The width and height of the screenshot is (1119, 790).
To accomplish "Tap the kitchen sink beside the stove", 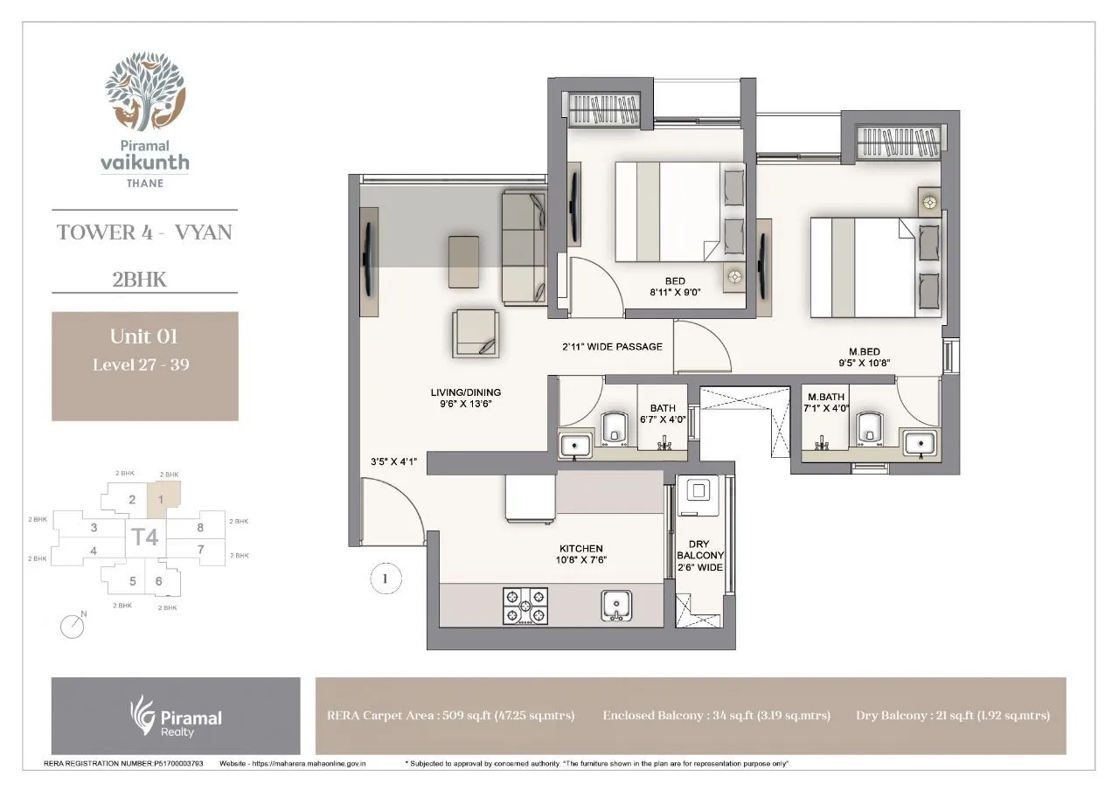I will pos(616,604).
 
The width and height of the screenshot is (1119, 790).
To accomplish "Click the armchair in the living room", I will pos(476,333).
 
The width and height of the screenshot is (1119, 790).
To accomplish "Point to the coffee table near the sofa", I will pos(462,260).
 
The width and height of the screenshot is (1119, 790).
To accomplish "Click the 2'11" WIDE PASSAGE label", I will pos(612,347).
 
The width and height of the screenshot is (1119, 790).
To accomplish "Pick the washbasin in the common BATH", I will pos(574,445).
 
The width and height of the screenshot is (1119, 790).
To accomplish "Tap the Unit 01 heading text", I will pos(144,336).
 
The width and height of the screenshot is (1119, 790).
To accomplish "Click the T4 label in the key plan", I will pos(145,536).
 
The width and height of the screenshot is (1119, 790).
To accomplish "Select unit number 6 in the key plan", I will pos(158,581).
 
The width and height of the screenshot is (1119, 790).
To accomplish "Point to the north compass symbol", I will pos(73,625).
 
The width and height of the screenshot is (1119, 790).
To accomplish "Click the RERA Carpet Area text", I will pos(450,715).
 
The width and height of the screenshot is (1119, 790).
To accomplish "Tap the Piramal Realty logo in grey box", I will pos(175,716).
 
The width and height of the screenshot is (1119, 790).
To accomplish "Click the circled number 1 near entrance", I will pos(385,578).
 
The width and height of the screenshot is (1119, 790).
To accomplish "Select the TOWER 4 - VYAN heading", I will pos(144,232).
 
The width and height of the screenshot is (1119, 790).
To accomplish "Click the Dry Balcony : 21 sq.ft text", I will pos(952,715).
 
